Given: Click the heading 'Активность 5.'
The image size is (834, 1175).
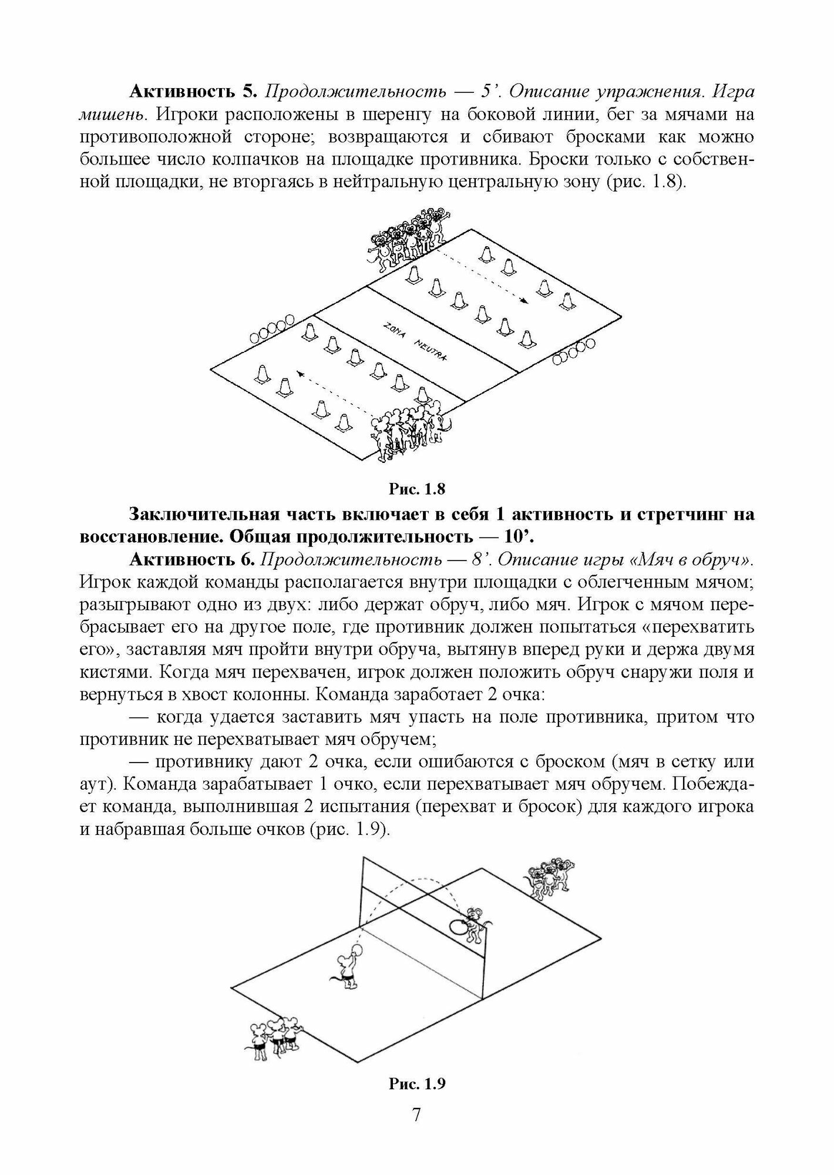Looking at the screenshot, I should (192, 92).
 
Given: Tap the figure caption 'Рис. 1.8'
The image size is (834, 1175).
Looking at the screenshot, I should (416, 489).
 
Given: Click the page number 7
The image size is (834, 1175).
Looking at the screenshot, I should (416, 1131).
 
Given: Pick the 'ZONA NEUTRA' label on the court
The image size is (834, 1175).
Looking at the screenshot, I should (415, 342).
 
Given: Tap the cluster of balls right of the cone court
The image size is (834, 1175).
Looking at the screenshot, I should (574, 351).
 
